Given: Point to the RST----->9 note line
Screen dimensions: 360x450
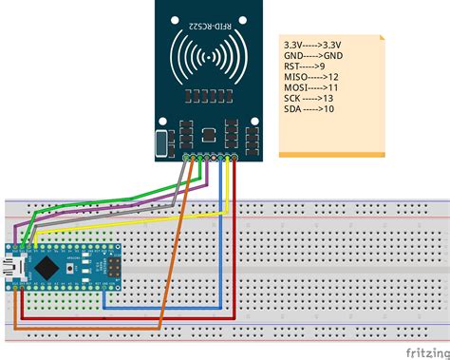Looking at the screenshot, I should click(x=303, y=66).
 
